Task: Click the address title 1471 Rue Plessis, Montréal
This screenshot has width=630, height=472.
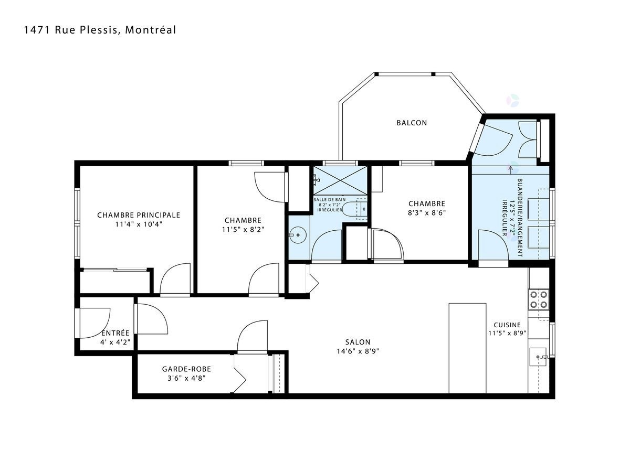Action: [100, 30]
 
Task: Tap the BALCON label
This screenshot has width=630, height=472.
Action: [412, 123]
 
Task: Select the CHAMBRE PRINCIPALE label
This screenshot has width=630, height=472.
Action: [139, 215]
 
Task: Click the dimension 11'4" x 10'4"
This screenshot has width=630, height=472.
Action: [139, 224]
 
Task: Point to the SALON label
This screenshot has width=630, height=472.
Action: [358, 342]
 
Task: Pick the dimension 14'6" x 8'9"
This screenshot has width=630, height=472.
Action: [358, 351]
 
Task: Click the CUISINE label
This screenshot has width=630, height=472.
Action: [507, 325]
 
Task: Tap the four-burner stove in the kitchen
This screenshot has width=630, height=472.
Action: [539, 299]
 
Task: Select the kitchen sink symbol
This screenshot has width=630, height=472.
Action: [538, 357]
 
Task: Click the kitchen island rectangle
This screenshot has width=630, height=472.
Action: [467, 348]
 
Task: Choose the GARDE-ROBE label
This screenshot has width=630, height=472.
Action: [186, 369]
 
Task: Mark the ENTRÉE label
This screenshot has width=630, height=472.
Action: [115, 333]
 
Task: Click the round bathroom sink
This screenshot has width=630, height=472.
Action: [298, 235]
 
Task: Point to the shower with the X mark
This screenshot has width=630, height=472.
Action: [340, 180]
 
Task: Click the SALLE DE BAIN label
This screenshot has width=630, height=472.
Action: [330, 200]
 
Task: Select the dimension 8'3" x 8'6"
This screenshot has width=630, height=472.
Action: [427, 212]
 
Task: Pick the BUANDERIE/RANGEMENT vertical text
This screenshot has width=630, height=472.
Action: [520, 218]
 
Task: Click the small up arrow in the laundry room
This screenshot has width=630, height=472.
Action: [510, 170]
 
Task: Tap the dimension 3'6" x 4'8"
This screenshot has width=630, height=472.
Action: [186, 378]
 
